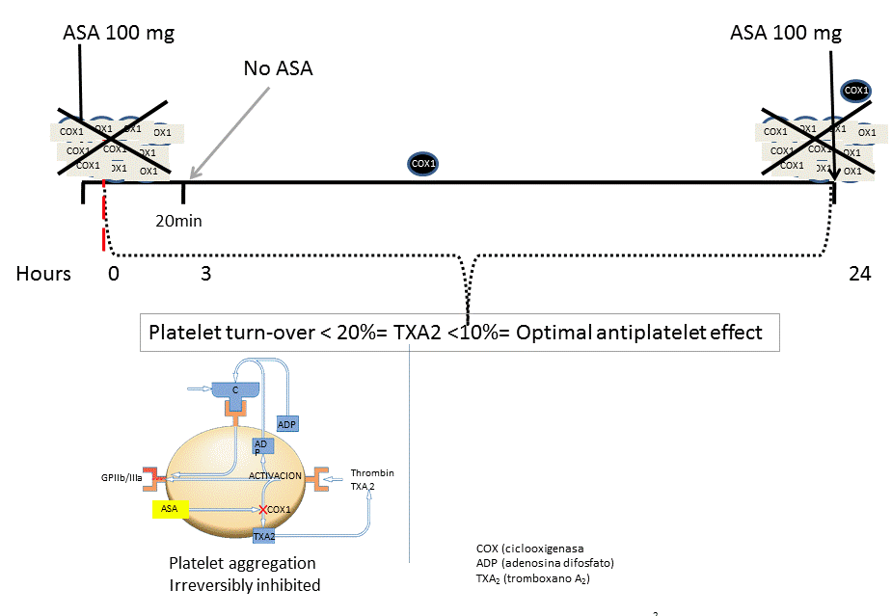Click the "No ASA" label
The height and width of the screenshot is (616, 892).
278,69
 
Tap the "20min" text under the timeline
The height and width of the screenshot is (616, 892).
178,220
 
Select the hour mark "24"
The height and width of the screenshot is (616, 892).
859,274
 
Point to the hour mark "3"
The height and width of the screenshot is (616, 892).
205,274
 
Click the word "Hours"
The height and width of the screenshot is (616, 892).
43,274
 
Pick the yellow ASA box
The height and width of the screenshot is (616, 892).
170,508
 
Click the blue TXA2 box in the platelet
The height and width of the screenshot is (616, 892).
264,535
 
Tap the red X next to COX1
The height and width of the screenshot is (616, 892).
261,509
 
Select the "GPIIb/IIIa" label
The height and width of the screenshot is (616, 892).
121,476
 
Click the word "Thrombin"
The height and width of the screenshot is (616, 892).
372,473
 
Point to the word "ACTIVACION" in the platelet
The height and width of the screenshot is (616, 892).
276,476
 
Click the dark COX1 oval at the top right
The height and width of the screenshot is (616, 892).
854,91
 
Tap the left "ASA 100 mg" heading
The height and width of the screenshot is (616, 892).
119,33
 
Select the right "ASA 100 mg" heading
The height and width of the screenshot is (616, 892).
786,33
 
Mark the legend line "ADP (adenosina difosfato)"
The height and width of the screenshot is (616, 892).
545,563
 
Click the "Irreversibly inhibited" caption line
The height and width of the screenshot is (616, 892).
244,584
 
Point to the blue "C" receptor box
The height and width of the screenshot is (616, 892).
234,389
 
